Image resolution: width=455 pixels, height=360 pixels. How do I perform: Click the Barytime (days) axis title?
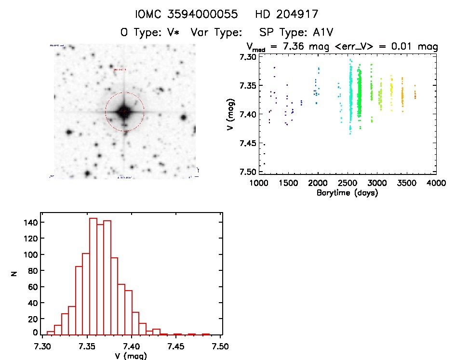coord(347,193)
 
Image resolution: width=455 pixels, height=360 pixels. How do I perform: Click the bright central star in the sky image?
coord(124,111)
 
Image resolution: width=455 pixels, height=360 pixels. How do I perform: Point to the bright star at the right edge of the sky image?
coord(183,117)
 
